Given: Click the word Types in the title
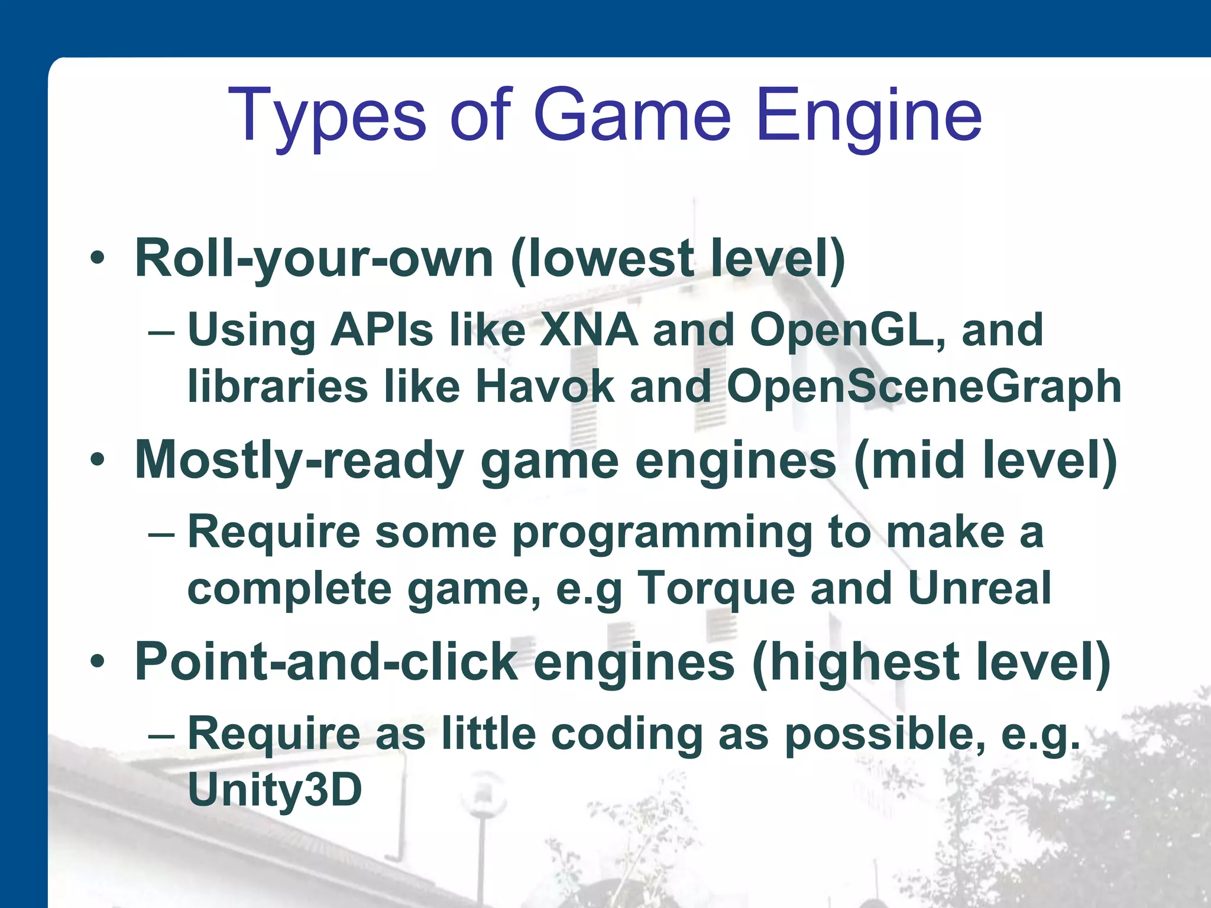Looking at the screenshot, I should [x=326, y=116].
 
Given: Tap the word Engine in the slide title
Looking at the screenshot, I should [x=869, y=116].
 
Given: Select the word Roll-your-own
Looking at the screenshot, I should [x=314, y=259].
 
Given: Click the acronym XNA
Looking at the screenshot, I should [x=588, y=330].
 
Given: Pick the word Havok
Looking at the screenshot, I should [x=545, y=387].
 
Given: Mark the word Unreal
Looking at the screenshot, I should [x=979, y=589].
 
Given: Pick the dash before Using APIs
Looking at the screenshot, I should [x=161, y=332].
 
